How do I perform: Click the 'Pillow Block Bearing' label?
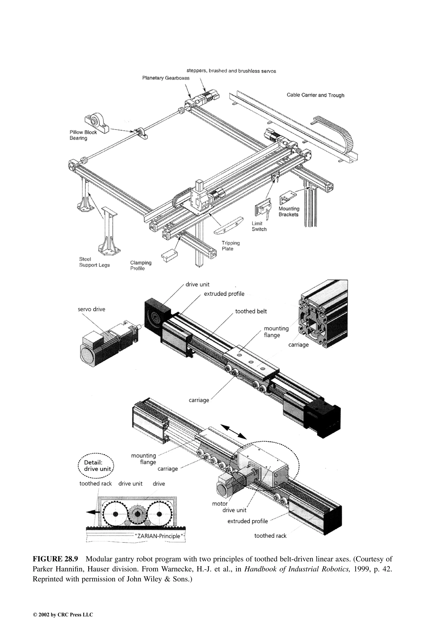coord(83,135)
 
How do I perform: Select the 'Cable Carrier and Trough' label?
coord(315,95)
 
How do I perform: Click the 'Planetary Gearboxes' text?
coord(166,78)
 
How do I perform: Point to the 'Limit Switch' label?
coord(259,226)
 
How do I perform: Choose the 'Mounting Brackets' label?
coord(289,211)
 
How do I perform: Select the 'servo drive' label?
coord(92,309)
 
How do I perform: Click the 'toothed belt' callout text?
coord(251,311)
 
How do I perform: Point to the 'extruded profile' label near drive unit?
coord(224,294)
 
